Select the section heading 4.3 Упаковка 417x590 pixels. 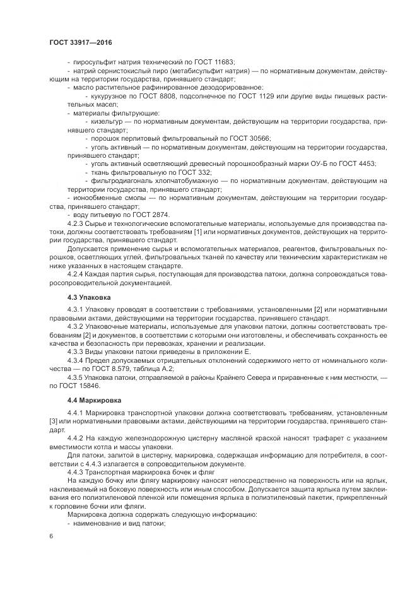coord(89,297)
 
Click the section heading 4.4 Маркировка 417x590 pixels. coord(94,401)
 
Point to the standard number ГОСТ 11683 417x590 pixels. coord(214,62)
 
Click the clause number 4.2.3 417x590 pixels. coord(76,223)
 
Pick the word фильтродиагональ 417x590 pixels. coord(120,180)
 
